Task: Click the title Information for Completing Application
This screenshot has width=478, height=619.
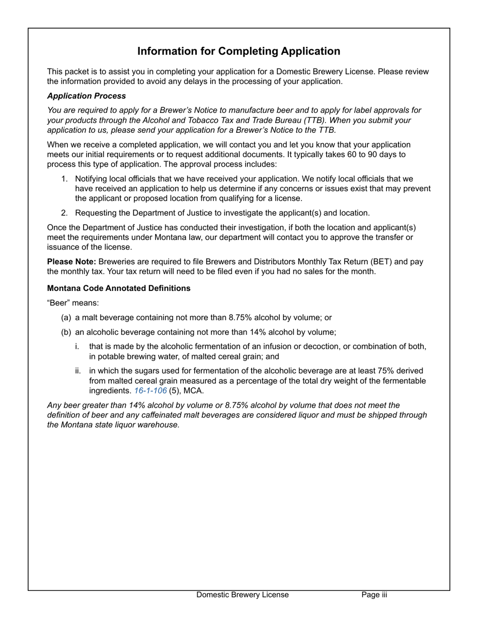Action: click(238, 51)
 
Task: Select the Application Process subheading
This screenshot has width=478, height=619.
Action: click(87, 96)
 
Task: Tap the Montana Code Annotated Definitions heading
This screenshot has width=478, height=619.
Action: click(119, 288)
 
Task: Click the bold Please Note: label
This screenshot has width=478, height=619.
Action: click(71, 262)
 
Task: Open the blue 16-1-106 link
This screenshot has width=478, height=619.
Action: click(150, 391)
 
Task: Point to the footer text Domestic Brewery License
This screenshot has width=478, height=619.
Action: click(243, 595)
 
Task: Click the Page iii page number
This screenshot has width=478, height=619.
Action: click(374, 595)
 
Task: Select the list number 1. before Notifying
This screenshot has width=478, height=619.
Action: click(64, 179)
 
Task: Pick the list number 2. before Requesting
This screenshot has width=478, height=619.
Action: click(64, 213)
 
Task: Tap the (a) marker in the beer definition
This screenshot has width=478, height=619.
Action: click(66, 318)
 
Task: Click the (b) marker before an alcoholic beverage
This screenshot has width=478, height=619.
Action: click(66, 332)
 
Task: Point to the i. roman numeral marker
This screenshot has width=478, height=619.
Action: click(77, 347)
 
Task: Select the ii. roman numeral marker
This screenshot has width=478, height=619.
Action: click(78, 371)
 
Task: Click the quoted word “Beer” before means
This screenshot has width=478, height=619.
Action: click(58, 303)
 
